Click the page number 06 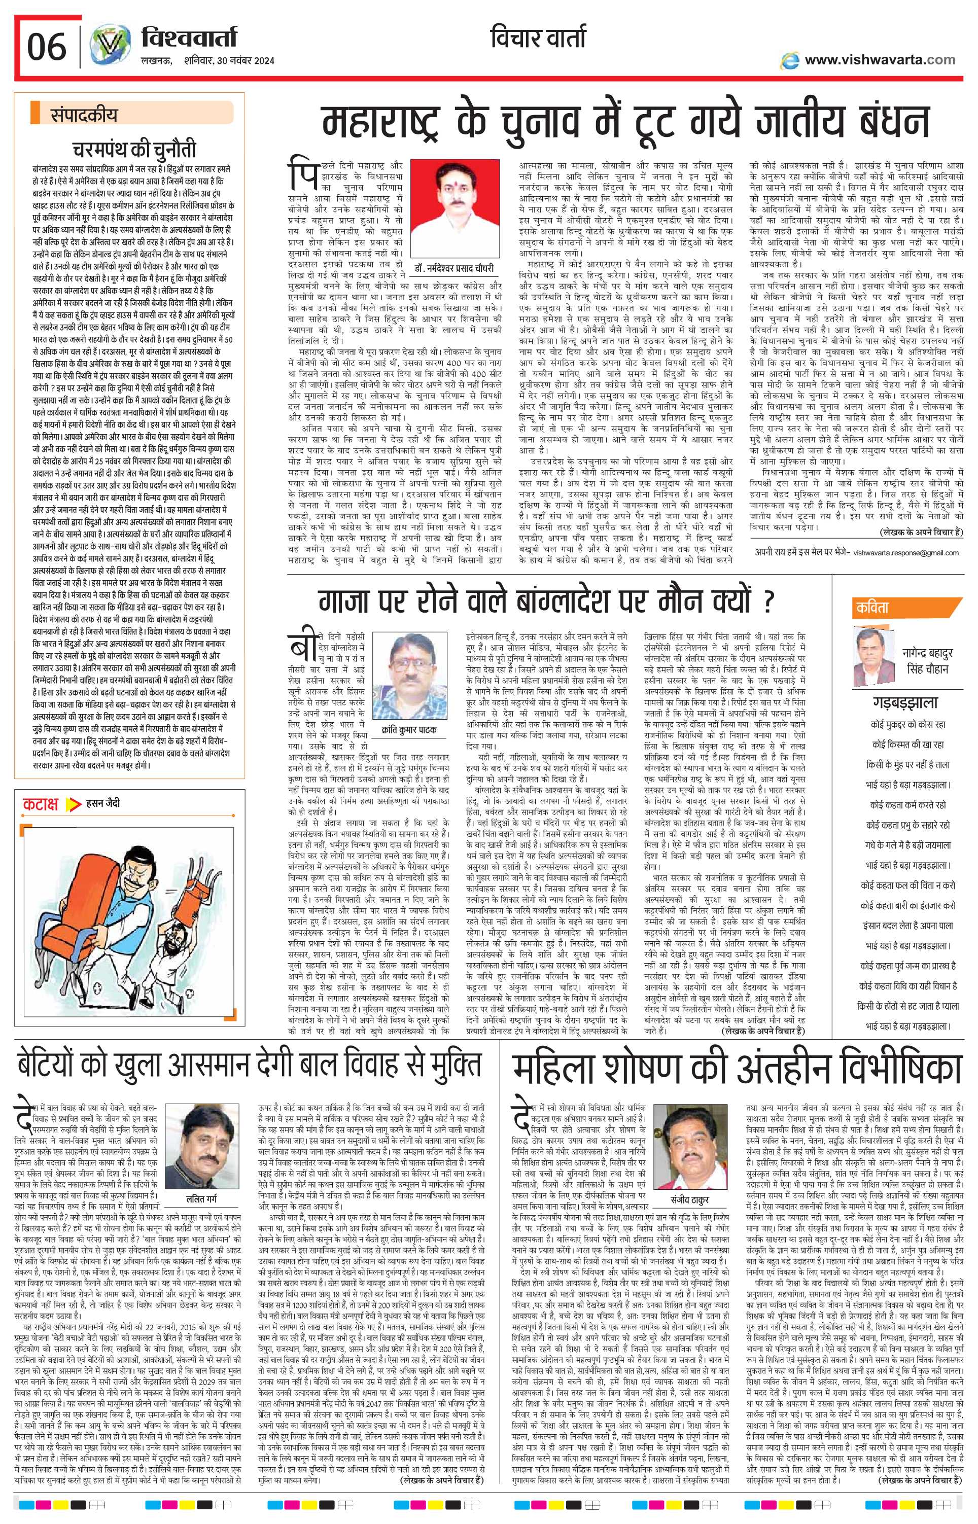click(x=46, y=48)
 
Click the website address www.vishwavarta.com click(x=880, y=60)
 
